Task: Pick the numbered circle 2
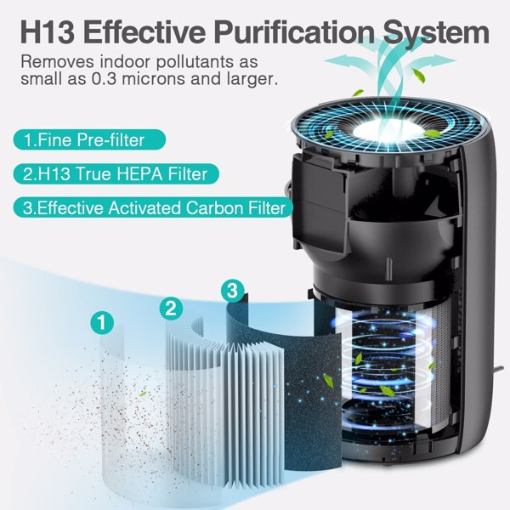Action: pos(170,308)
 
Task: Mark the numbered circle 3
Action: pos(231,291)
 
